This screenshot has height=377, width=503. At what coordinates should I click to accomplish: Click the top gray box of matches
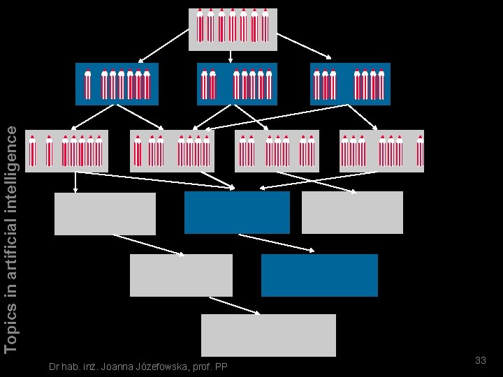coord(233,29)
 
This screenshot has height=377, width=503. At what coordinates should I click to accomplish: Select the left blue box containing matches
coord(117,84)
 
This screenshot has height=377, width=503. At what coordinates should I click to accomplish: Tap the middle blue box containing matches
coord(237,84)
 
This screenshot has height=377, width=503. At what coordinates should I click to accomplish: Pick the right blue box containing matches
coord(350,84)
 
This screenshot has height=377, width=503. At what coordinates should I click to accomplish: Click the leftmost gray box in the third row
coord(67,151)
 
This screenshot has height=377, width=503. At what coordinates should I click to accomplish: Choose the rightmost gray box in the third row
coord(381,151)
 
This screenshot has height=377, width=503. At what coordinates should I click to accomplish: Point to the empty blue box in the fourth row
coord(237,212)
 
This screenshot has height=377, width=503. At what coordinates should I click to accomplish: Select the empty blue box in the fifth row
coord(319,275)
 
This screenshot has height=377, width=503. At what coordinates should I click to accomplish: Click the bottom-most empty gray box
coord(268,335)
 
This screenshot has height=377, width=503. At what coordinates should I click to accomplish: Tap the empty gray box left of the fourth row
coord(105,214)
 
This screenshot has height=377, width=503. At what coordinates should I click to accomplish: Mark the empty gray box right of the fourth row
coord(352,212)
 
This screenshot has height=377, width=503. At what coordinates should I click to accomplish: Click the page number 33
coord(480,360)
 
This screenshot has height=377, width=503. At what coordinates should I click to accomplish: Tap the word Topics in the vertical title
coord(10,331)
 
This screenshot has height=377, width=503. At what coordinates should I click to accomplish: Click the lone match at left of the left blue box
coord(87,84)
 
